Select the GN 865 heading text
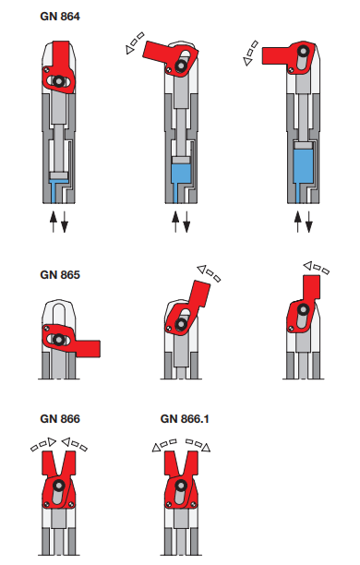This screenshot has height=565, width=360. [x=61, y=274]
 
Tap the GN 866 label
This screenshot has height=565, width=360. [x=61, y=418]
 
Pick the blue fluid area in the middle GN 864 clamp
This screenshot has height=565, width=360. [x=182, y=172]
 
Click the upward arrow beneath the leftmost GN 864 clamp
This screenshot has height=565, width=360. [x=54, y=222]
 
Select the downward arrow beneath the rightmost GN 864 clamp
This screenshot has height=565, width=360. [x=310, y=222]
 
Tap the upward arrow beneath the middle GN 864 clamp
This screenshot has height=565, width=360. [x=175, y=222]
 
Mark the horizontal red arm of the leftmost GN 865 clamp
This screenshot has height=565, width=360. [x=87, y=347]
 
